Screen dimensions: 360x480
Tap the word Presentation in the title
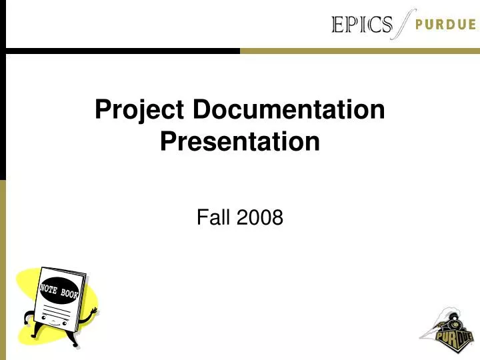point(240,142)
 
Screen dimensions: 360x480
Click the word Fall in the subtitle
point(211,217)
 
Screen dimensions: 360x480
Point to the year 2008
point(259,217)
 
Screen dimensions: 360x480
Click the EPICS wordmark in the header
point(362,25)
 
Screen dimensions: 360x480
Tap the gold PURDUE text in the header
point(445,25)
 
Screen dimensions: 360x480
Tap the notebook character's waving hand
point(93,311)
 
